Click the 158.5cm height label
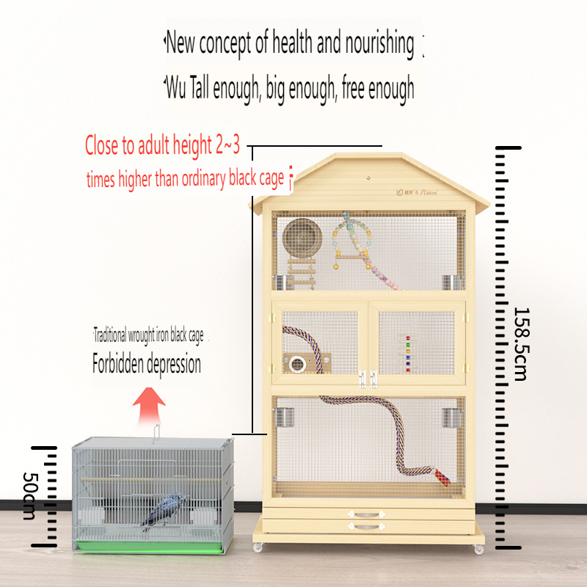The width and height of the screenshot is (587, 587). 519,343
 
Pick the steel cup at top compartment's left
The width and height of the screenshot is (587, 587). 280,282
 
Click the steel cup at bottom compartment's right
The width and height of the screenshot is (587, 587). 450,418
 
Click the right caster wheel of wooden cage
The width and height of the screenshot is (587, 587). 478,548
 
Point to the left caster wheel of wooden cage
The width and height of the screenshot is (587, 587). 258,547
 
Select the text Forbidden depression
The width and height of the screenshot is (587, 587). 146,364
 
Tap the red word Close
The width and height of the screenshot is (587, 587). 101,145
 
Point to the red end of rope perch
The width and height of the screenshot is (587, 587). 442,477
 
